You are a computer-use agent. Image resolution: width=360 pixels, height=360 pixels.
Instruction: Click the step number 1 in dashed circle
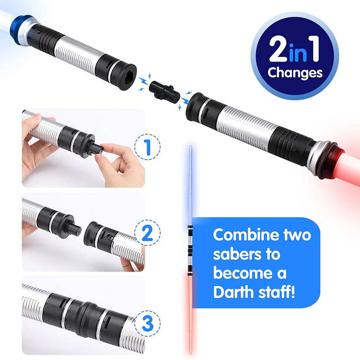click(x=148, y=147)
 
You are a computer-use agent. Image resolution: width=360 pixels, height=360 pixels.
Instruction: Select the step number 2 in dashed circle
click(x=148, y=233)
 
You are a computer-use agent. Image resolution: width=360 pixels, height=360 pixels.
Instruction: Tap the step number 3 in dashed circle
click(x=148, y=323)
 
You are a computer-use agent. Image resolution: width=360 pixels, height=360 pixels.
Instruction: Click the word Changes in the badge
click(x=295, y=73)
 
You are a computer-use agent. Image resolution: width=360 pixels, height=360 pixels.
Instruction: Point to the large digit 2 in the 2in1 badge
click(x=279, y=49)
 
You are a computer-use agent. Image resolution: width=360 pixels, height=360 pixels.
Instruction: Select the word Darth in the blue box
click(x=234, y=292)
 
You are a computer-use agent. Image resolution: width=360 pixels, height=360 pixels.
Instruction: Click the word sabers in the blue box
click(x=235, y=254)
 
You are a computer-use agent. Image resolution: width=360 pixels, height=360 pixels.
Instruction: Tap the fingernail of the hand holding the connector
click(x=98, y=158)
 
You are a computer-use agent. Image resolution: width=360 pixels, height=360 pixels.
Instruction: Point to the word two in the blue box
click(x=297, y=235)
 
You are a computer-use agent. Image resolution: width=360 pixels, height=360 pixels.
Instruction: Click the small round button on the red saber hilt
click(x=296, y=151)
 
